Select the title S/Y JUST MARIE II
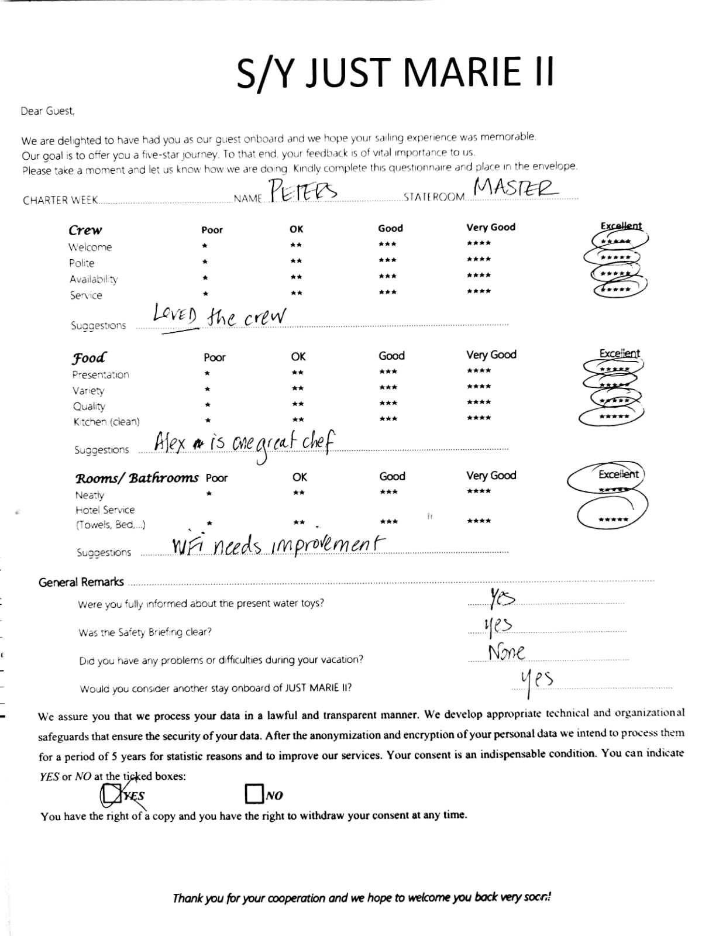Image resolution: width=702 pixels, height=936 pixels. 395,72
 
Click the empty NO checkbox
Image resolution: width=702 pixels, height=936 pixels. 254,794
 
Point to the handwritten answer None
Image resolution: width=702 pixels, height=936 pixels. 507,651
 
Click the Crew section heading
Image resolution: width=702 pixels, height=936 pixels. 85,230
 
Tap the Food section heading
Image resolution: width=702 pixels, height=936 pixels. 89,357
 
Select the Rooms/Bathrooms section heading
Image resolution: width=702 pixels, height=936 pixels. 137,478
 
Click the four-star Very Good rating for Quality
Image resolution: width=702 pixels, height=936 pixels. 479,402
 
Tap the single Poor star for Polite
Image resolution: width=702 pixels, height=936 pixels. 205,261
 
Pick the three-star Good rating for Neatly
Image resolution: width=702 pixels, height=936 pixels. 388,492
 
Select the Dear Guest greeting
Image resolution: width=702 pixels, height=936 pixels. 48,111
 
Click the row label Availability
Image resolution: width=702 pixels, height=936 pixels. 94,279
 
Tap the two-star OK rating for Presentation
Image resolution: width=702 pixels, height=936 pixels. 298,373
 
